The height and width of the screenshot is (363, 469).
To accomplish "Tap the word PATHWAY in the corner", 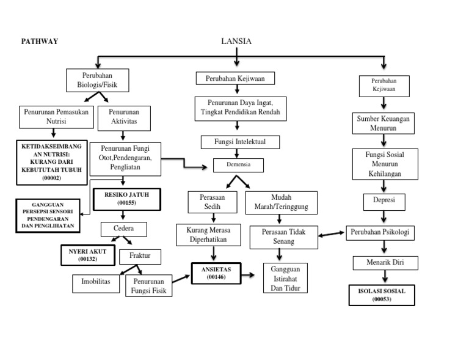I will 40,42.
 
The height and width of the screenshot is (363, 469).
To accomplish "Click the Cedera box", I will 125,229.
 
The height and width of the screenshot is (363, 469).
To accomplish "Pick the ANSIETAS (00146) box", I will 216,274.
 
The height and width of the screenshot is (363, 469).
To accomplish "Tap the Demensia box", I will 239,165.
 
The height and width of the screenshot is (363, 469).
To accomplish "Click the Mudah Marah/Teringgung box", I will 281,203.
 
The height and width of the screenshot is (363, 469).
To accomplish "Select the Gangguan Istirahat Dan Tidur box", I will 285,278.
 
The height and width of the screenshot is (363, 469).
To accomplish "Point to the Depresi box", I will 384,202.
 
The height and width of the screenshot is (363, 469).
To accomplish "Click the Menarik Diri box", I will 386,263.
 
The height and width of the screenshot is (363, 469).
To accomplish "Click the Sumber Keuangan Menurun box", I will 384,123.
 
